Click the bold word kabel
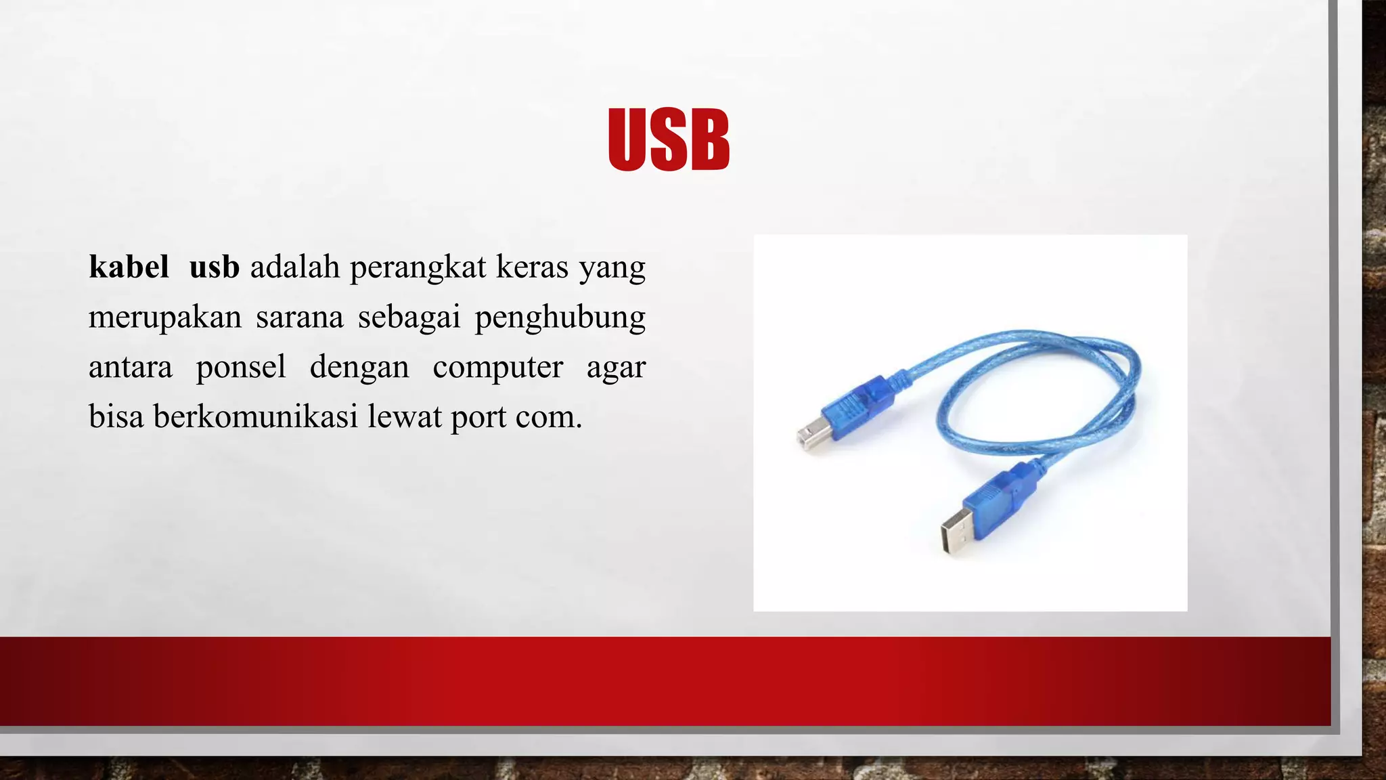[x=129, y=267]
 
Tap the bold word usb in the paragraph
[x=214, y=267]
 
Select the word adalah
[x=294, y=267]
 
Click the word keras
[x=532, y=267]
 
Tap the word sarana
[x=299, y=317]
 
